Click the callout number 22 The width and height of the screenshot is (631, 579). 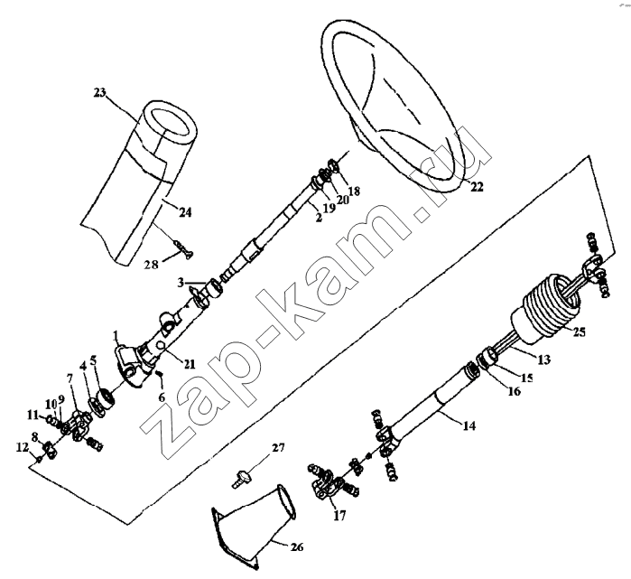[x=477, y=187]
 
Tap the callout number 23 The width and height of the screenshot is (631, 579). [x=99, y=92]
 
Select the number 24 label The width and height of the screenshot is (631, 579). [x=185, y=211]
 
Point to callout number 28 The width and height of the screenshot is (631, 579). [x=152, y=265]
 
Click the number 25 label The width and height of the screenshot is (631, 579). [x=579, y=332]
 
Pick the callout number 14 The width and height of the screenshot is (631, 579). [x=469, y=425]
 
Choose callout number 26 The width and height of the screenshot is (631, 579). [x=296, y=546]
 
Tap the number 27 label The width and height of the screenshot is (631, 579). [x=277, y=447]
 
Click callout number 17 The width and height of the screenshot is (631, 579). [x=339, y=516]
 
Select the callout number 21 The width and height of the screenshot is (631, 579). [x=190, y=364]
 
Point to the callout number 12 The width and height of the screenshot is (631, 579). [x=23, y=447]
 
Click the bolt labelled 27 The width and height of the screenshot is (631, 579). [x=241, y=479]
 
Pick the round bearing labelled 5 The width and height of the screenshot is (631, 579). [x=107, y=398]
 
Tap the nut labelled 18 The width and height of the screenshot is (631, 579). [x=334, y=165]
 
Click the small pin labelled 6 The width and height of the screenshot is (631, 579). [x=159, y=374]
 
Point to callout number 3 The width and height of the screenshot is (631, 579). [x=181, y=282]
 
